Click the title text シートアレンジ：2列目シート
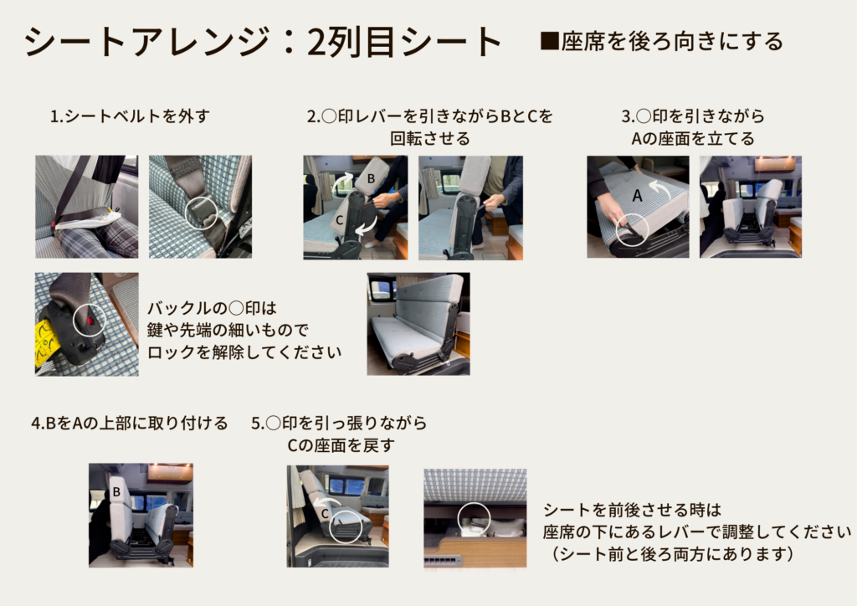pyautogui.click(x=263, y=42)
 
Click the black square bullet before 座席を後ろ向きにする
pyautogui.click(x=549, y=41)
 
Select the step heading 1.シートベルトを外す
pyautogui.click(x=130, y=116)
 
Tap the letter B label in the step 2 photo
pyautogui.click(x=371, y=178)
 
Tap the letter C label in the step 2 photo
pyautogui.click(x=340, y=220)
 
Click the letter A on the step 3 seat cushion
pyautogui.click(x=637, y=196)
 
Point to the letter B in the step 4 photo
pyautogui.click(x=116, y=492)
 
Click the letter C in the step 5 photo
pyautogui.click(x=325, y=514)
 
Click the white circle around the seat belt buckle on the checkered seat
pyautogui.click(x=202, y=213)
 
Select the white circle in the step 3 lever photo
pyautogui.click(x=632, y=229)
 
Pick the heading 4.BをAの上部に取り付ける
pyautogui.click(x=129, y=424)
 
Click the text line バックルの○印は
pyautogui.click(x=212, y=308)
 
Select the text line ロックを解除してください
pyautogui.click(x=244, y=352)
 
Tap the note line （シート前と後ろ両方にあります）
pyautogui.click(x=670, y=554)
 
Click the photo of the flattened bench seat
pyautogui.click(x=418, y=324)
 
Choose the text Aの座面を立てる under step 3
pyautogui.click(x=692, y=139)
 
